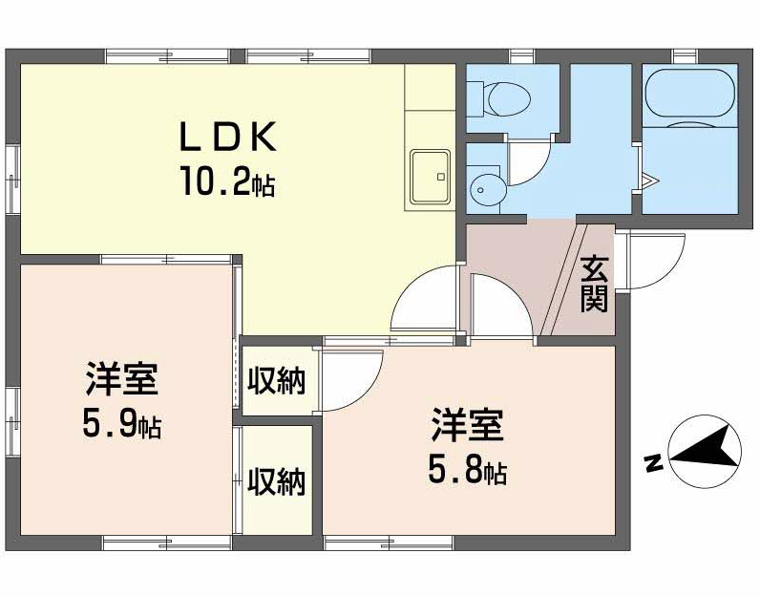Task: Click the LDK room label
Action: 228,137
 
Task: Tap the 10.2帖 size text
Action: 228,181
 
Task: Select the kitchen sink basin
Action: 430,176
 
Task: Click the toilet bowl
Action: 509,99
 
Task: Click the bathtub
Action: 689,99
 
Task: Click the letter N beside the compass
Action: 654,463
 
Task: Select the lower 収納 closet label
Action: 276,481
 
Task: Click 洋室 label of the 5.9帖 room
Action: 122,378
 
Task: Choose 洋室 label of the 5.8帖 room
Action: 468,425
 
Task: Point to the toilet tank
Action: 476,99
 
